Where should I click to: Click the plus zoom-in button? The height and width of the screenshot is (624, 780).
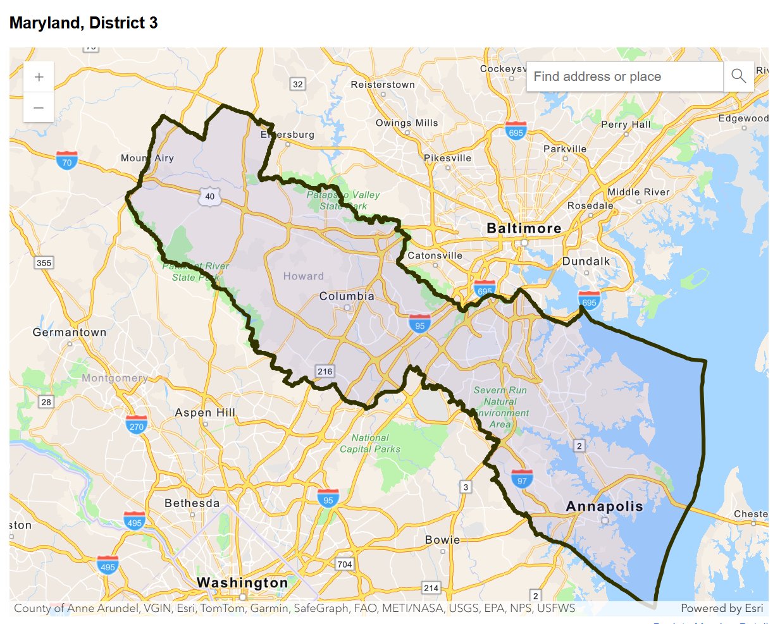tap(39, 77)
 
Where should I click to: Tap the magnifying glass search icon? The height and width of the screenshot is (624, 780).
tap(738, 76)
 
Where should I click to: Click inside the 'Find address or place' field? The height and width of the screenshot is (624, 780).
tap(624, 76)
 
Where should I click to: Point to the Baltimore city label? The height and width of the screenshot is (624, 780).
tap(524, 228)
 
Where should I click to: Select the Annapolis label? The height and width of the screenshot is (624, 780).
tap(604, 506)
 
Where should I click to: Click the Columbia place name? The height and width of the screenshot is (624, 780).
tap(347, 296)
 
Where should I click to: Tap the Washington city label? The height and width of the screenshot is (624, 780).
tap(242, 582)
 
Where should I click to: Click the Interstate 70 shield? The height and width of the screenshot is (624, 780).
tap(66, 161)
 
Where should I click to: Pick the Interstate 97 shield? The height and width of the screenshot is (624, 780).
tap(522, 479)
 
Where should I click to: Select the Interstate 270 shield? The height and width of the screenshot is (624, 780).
tap(136, 424)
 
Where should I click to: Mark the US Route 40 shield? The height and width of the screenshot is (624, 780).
tap(209, 196)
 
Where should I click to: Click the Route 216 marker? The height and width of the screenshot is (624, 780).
tap(325, 371)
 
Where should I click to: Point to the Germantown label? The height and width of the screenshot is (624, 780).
tap(70, 332)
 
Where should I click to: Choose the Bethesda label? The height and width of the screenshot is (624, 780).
tap(192, 503)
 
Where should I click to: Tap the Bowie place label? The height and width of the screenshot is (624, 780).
tap(442, 540)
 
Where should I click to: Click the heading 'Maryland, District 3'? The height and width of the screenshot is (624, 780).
tap(84, 23)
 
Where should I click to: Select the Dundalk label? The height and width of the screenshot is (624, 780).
tap(586, 261)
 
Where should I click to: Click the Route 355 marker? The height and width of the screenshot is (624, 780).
tap(44, 263)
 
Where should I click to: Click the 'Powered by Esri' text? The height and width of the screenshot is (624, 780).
tap(722, 608)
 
